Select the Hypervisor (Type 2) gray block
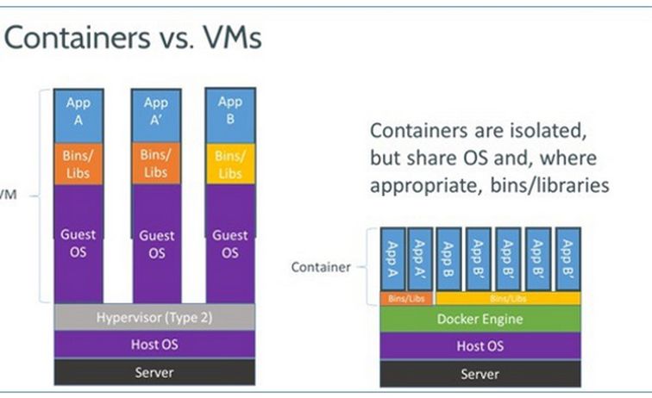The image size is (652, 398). click(154, 316)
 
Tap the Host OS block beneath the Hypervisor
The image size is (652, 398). click(154, 345)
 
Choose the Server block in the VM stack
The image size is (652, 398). click(154, 372)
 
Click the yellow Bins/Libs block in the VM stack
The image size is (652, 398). click(230, 165)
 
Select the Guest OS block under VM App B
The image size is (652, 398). click(230, 244)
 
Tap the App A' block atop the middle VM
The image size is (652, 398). click(156, 111)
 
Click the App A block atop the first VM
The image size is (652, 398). click(78, 111)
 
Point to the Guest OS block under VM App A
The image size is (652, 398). click(78, 244)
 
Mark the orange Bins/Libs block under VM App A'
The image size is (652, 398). click(156, 164)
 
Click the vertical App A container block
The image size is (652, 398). click(392, 259)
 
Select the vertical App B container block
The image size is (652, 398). click(449, 259)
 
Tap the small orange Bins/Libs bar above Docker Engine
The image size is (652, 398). click(406, 297)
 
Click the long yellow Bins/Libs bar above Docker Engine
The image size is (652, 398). click(507, 297)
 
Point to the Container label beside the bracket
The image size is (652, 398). click(321, 267)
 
